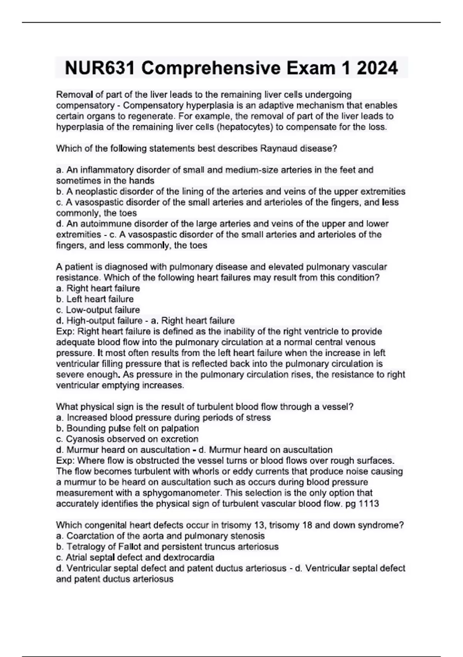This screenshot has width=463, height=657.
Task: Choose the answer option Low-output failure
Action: click(x=103, y=310)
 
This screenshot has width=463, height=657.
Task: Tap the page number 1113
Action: click(x=369, y=504)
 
